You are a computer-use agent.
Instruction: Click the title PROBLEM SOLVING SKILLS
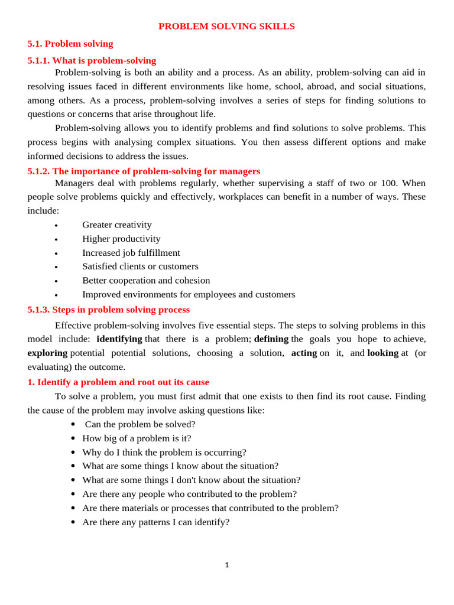226,27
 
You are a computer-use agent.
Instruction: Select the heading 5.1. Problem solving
70,44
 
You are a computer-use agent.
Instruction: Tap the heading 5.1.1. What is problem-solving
92,60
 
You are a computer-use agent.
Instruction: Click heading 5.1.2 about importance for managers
144,171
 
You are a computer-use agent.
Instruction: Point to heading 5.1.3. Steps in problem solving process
109,310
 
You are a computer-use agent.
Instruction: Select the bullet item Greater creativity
117,225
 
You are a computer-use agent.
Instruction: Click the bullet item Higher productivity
121,239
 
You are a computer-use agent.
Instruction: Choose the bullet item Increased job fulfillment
131,253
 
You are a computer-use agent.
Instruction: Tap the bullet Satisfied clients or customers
140,266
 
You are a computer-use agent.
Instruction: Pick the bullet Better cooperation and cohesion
146,281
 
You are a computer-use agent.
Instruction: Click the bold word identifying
119,339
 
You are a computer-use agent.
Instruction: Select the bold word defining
271,339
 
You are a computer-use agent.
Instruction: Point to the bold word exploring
47,353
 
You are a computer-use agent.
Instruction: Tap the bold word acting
304,353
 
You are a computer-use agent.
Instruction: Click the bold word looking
382,353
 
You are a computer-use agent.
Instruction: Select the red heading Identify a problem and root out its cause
118,382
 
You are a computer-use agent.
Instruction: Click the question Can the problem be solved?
140,424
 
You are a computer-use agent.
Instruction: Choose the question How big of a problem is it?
137,438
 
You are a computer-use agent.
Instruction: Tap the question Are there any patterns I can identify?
155,522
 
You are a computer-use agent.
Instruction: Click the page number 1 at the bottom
227,565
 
